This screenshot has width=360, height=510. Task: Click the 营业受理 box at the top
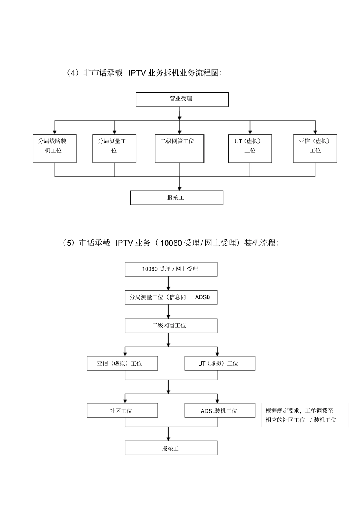[x=182, y=99]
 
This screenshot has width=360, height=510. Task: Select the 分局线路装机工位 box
[x=55, y=148]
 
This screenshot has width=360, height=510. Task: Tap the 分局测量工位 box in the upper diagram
[x=114, y=148]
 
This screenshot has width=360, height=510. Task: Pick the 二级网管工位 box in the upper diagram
[x=179, y=148]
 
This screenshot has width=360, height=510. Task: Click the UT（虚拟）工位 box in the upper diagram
[x=250, y=148]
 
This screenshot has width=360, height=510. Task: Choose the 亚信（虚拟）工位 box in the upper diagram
[x=315, y=148]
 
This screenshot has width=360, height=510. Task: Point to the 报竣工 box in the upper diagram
[x=177, y=198]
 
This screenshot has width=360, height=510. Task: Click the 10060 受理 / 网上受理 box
[x=171, y=269]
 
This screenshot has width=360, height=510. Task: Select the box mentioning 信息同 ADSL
[x=171, y=297]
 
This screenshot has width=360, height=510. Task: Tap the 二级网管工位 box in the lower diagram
[x=171, y=325]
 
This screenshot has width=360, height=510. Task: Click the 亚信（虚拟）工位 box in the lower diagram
[x=122, y=363]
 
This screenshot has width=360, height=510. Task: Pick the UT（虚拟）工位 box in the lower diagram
[x=220, y=363]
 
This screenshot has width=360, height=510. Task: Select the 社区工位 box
[x=122, y=411]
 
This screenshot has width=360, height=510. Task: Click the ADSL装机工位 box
[x=220, y=411]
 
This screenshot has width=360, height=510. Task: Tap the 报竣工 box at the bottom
[x=171, y=448]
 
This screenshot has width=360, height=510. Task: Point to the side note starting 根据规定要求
[x=301, y=415]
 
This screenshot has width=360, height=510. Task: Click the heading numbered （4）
[x=143, y=73]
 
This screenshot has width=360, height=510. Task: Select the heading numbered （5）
[x=171, y=243]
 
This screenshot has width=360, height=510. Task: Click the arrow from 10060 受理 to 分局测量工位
[x=169, y=284]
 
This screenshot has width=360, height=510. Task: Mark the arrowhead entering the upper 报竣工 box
[x=180, y=188]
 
